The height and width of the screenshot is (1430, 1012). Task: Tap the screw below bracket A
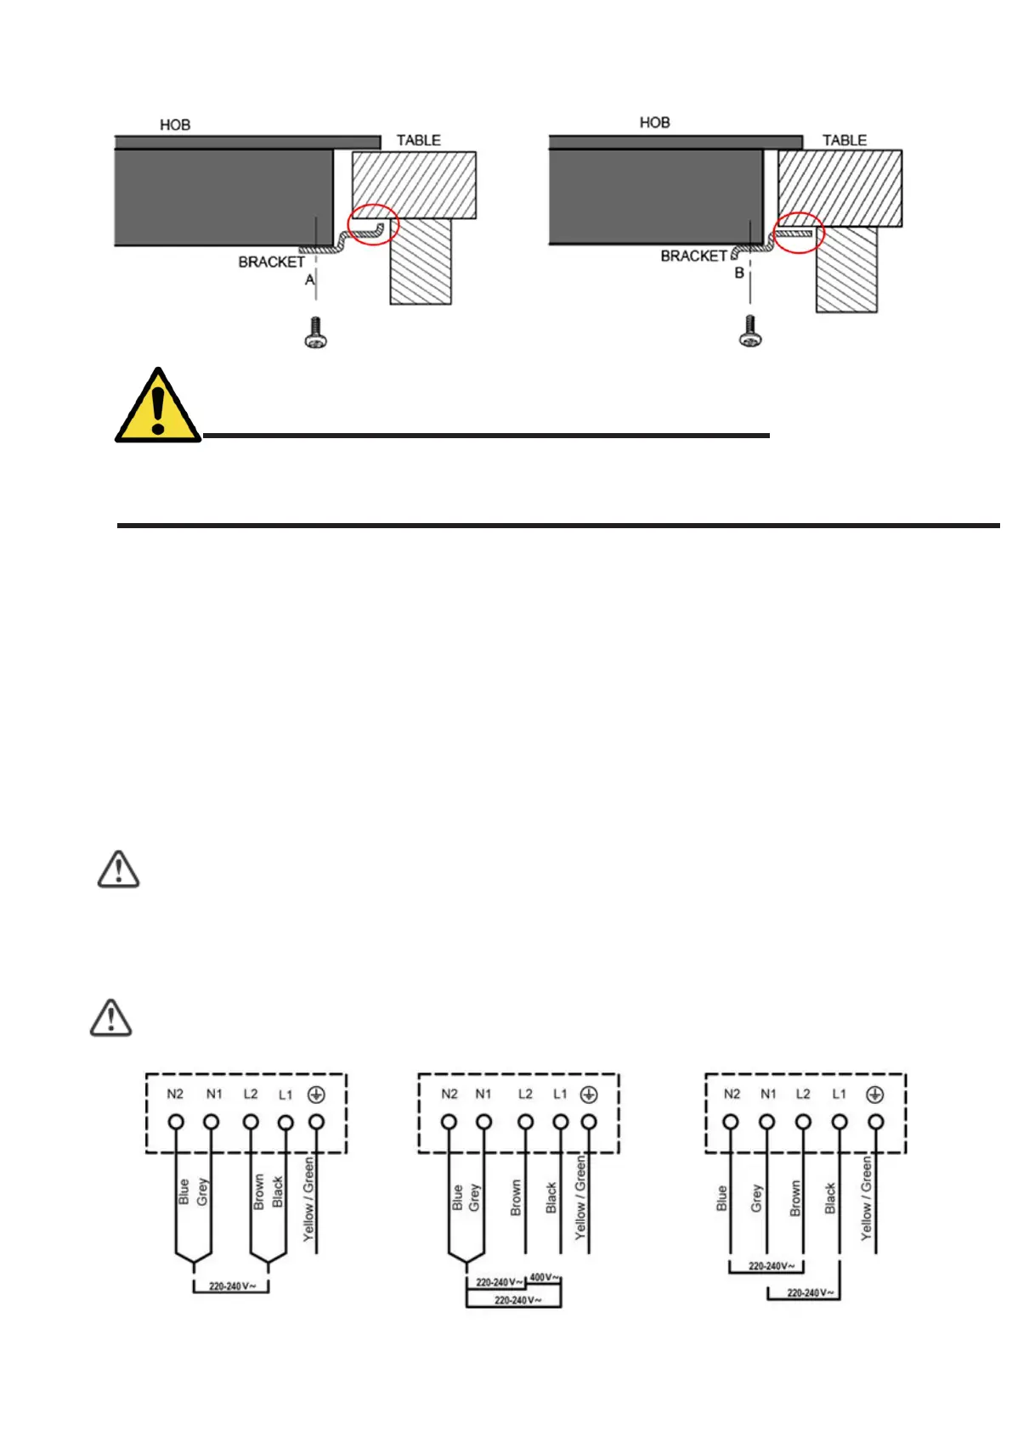point(316,332)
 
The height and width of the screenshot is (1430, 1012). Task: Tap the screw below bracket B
point(749,330)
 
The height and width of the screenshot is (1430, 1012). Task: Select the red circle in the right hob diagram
point(798,232)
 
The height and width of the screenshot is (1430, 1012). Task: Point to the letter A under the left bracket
point(309,279)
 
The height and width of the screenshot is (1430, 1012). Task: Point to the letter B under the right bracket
point(739,273)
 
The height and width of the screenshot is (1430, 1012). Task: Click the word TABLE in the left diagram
point(418,140)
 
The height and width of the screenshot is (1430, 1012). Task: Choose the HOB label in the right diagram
point(654,122)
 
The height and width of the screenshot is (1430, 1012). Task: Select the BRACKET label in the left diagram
point(271,262)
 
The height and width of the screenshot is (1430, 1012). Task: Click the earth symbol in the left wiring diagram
point(316,1095)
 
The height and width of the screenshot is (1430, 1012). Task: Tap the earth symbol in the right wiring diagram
point(875,1095)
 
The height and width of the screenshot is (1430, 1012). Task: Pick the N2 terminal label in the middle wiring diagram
point(449,1094)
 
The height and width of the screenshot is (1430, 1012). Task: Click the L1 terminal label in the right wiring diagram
point(840,1094)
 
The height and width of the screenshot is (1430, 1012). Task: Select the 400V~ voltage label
point(544,1277)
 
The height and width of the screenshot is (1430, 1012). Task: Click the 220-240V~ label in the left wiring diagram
point(231,1286)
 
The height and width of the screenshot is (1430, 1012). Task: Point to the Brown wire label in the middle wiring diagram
point(516,1197)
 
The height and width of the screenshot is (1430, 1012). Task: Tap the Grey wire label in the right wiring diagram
point(756,1198)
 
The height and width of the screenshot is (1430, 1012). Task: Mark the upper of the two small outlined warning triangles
point(119,870)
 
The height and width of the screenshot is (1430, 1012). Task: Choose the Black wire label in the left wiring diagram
point(277,1192)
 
